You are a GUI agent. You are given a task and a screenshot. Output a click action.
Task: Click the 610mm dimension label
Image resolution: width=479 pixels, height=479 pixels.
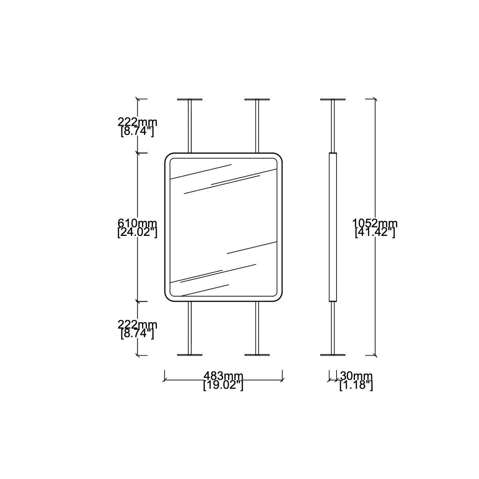(x=137, y=223)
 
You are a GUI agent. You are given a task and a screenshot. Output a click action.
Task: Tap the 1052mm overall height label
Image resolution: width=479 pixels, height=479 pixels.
(x=375, y=223)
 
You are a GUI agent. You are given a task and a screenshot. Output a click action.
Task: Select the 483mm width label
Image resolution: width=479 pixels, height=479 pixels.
(x=223, y=376)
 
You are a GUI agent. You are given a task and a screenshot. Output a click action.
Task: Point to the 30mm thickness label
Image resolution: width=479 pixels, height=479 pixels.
(x=356, y=376)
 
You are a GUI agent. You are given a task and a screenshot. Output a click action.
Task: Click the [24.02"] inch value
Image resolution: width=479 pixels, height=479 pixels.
(x=137, y=233)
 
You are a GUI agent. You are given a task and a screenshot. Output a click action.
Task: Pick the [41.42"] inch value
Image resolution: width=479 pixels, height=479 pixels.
(x=375, y=233)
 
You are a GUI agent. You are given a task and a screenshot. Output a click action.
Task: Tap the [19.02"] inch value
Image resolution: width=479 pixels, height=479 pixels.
(x=223, y=386)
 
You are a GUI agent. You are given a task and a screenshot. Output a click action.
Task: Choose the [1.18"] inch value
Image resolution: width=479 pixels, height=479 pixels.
(x=356, y=386)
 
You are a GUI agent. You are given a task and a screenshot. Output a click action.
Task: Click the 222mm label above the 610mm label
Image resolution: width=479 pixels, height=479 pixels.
(x=137, y=122)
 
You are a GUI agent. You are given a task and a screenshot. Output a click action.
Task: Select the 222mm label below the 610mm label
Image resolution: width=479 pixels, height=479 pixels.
(x=137, y=325)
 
